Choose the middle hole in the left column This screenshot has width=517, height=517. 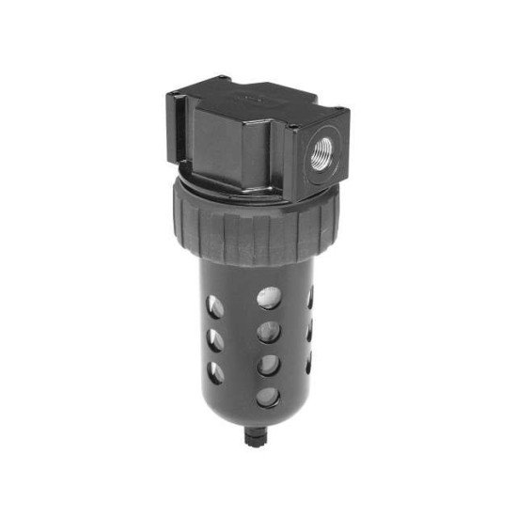(x=215, y=336)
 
